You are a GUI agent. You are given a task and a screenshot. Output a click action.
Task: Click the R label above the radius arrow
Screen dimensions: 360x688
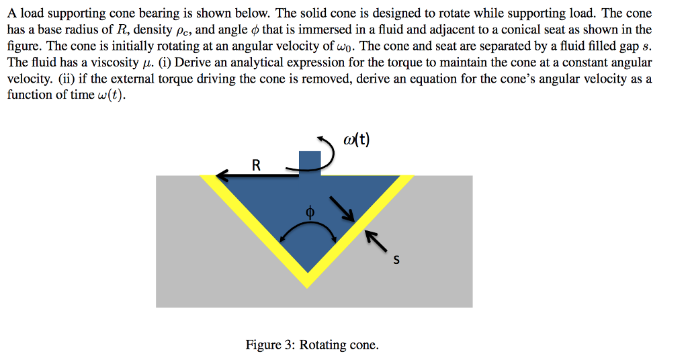tap(256, 165)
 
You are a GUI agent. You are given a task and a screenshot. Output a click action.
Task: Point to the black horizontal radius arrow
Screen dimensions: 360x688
tap(258, 176)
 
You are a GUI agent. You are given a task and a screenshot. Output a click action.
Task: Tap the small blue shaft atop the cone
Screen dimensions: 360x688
tap(310, 163)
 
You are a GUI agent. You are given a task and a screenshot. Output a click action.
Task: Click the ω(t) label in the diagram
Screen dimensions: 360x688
tap(356, 140)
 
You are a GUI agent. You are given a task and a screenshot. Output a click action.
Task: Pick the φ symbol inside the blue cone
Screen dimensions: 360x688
tap(310, 212)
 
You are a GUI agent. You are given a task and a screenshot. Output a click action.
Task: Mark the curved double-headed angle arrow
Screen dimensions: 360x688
tap(308, 230)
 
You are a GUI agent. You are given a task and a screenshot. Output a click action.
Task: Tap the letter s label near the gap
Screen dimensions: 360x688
tap(396, 261)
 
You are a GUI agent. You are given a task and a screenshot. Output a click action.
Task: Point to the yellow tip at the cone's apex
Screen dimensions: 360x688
tap(307, 281)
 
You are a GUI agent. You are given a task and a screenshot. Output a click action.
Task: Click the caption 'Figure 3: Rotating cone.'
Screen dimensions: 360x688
tap(312, 345)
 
